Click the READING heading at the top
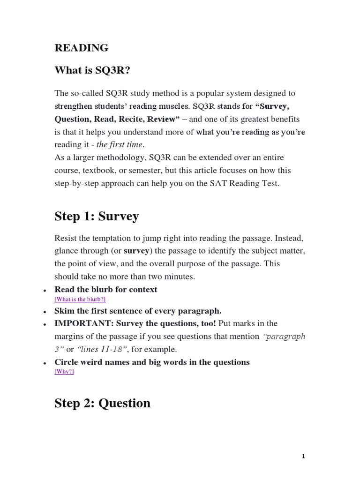click(82, 48)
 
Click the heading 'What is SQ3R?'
click(92, 70)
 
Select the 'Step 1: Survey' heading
click(97, 216)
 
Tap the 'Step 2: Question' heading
click(102, 403)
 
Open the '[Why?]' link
click(64, 372)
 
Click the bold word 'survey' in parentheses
click(136, 251)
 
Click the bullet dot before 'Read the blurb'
click(44, 291)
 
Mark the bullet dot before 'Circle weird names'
click(44, 363)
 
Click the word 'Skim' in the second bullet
click(64, 311)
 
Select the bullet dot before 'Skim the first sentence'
click(44, 312)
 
